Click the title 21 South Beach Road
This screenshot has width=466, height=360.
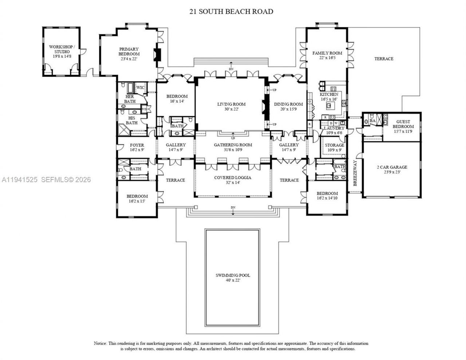pyautogui.click(x=231, y=11)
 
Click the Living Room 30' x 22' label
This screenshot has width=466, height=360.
pyautogui.click(x=231, y=106)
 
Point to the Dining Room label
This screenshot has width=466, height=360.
pyautogui.click(x=288, y=106)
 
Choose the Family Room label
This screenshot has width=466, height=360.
pyautogui.click(x=327, y=55)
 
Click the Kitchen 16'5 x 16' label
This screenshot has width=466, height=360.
pyautogui.click(x=329, y=96)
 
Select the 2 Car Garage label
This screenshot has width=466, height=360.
pyautogui.click(x=392, y=170)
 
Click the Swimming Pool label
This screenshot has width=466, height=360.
pyautogui.click(x=232, y=277)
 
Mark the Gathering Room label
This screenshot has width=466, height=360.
pyautogui.click(x=233, y=147)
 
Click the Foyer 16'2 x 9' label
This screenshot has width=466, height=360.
pyautogui.click(x=137, y=147)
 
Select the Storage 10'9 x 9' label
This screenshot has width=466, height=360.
pyautogui.click(x=334, y=147)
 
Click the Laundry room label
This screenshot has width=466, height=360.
pyautogui.click(x=334, y=130)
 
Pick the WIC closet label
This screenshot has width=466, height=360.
pyautogui.click(x=140, y=88)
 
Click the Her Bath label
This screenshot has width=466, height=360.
pyautogui.click(x=130, y=99)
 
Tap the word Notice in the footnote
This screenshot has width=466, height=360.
pyautogui.click(x=100, y=343)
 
